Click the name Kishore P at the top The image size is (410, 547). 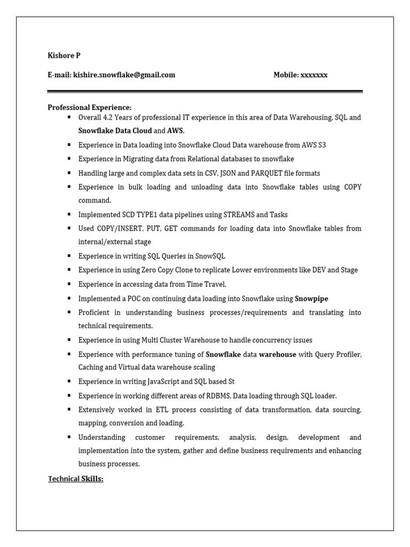pos(64,56)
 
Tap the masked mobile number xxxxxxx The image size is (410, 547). pos(314,75)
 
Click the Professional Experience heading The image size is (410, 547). pos(90,107)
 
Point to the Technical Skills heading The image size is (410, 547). pos(76,479)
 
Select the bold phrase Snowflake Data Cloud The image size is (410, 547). pos(115,131)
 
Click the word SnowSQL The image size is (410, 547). pos(210,256)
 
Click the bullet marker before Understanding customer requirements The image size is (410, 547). pos(69,437)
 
